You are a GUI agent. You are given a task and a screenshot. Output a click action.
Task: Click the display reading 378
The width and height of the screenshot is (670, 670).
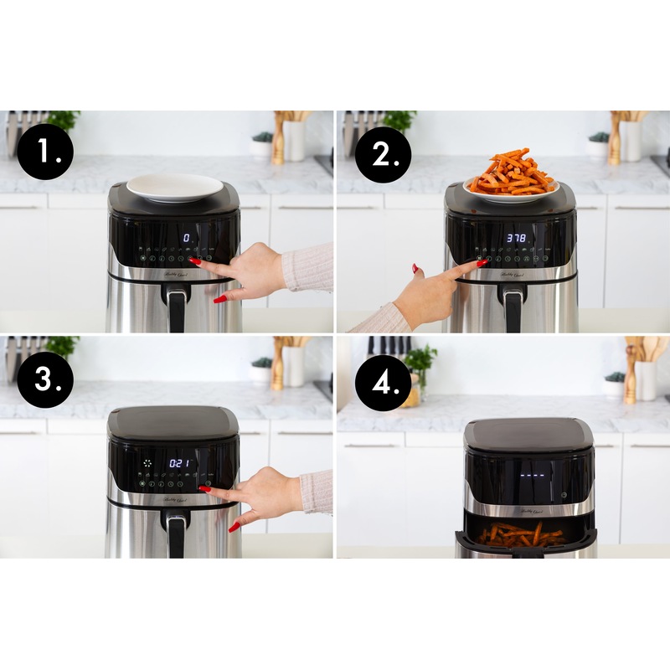point(517,239)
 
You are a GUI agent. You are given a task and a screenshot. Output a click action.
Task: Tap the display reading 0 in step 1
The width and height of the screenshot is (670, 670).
point(186,239)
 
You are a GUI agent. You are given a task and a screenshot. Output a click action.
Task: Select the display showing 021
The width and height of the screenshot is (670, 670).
point(180,463)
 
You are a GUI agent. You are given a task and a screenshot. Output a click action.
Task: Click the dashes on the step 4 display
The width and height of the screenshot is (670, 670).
point(533,476)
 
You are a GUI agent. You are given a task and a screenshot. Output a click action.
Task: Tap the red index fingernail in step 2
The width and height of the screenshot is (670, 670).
point(482,263)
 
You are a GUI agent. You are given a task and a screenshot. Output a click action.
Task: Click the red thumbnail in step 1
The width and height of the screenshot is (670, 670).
point(219,299)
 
